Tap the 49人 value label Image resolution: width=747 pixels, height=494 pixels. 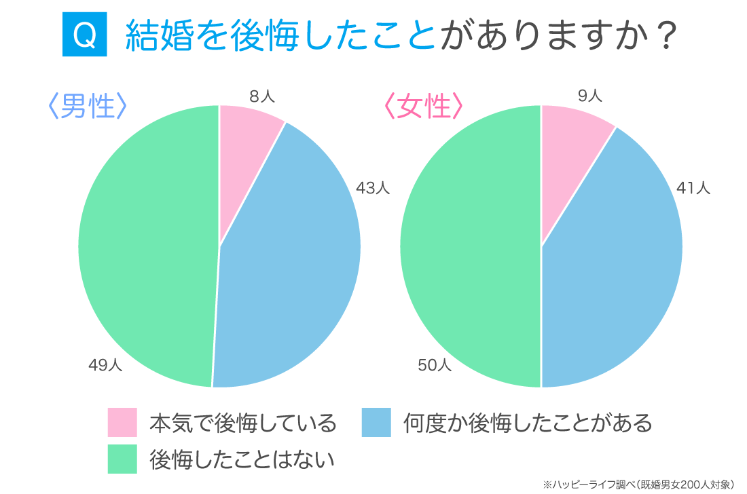coord(105,366)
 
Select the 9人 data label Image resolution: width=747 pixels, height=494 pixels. coord(589,96)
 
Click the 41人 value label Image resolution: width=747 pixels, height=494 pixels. coord(693,188)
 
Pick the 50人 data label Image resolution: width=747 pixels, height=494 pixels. coord(435,366)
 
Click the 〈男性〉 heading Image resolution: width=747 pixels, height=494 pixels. coord(86,107)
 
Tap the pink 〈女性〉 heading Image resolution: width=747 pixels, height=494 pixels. coord(422,107)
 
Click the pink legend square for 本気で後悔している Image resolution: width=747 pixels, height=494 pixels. coord(122,423)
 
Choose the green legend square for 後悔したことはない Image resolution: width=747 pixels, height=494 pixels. coord(122,459)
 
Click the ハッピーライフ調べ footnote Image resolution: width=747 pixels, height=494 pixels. coord(638,484)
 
